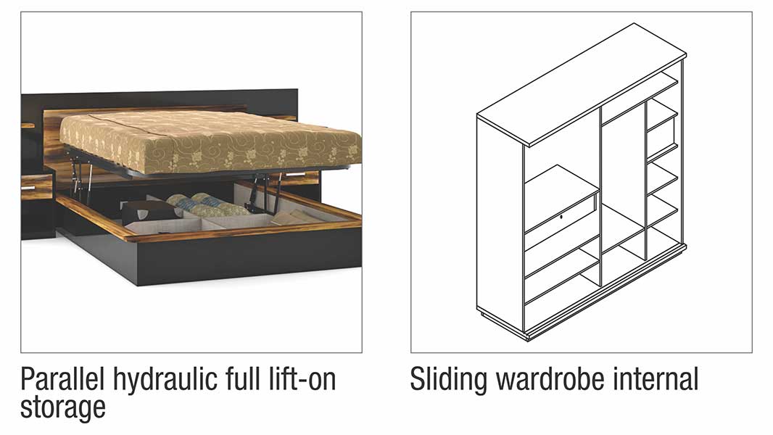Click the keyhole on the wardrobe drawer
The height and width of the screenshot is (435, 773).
(x=561, y=216)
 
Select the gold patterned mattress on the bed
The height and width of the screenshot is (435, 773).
(x=211, y=140)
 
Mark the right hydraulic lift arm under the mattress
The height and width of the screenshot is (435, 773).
(x=265, y=193)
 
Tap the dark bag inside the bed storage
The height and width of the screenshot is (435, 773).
(x=149, y=212)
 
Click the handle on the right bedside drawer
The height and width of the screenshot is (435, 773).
(x=297, y=174)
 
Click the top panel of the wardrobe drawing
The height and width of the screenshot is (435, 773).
(x=582, y=84)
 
